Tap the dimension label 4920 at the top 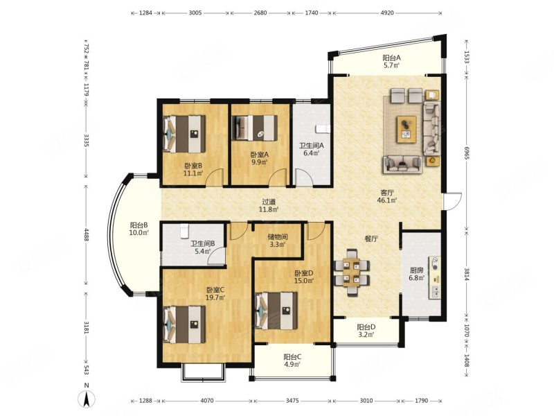[x=387, y=13]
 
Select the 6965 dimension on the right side [x=466, y=153]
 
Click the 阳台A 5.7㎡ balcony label [x=391, y=61]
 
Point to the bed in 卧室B [x=184, y=134]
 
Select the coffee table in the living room [x=406, y=130]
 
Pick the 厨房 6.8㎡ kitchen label [x=417, y=274]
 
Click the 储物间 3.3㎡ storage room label [x=278, y=241]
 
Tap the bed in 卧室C [x=184, y=324]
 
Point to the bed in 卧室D [x=276, y=311]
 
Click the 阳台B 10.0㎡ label [x=138, y=229]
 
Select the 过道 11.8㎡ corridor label [x=269, y=205]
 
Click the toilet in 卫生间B [x=184, y=231]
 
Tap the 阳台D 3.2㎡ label [x=366, y=331]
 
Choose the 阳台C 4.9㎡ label [x=292, y=361]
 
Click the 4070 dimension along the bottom [x=206, y=401]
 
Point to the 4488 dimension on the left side [x=86, y=235]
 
